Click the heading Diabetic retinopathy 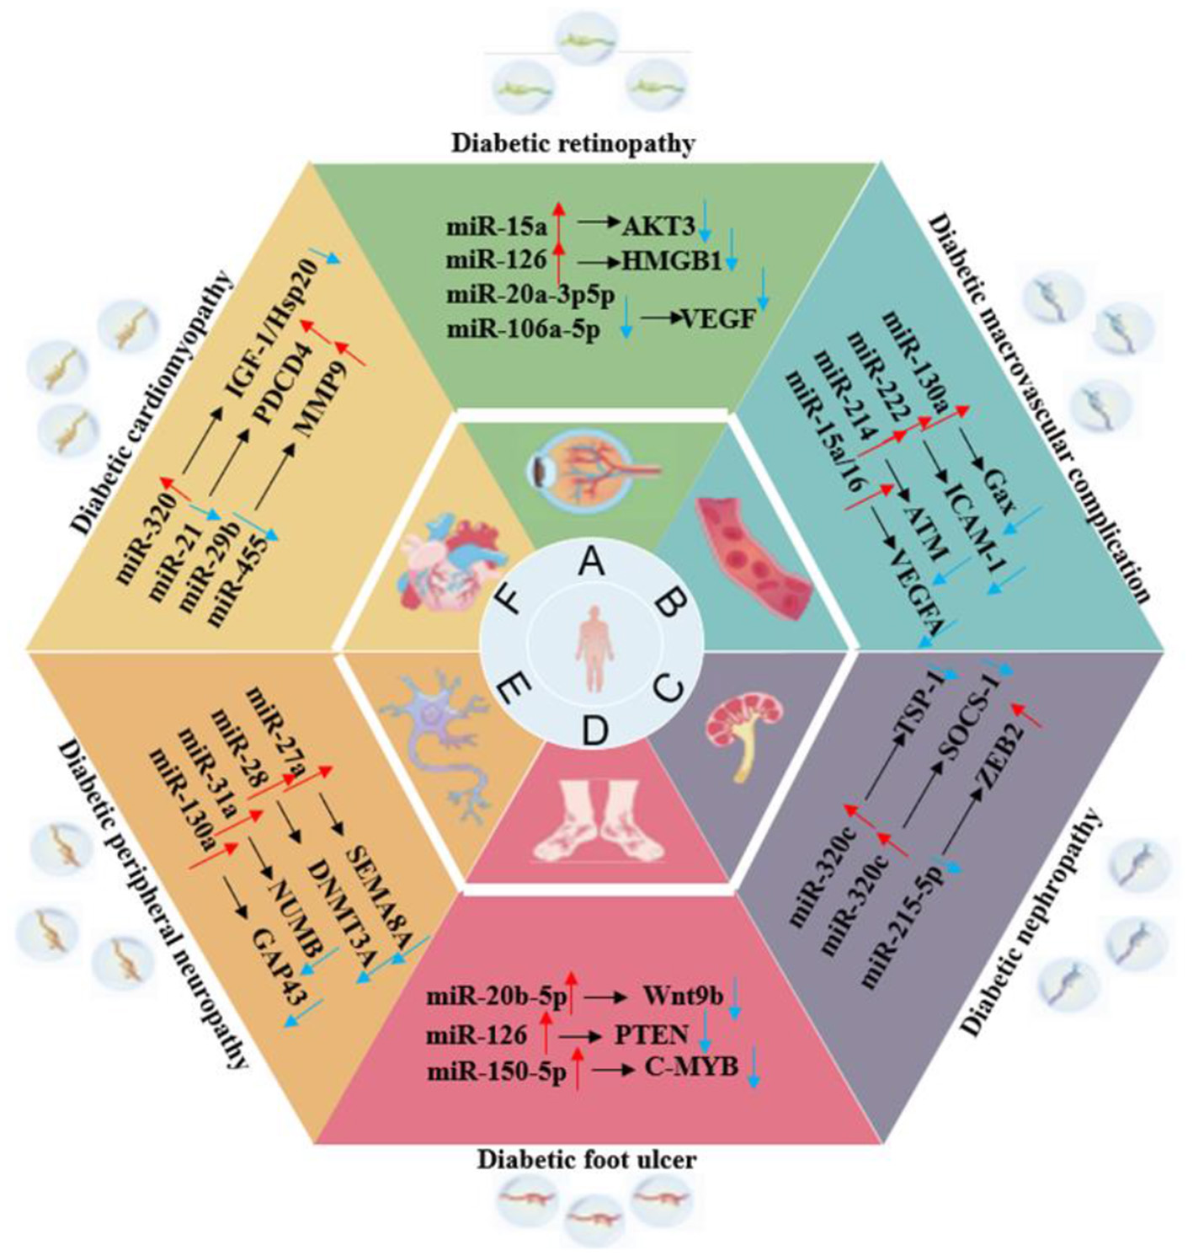573,143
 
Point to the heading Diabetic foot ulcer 587,1160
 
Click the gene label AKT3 658,225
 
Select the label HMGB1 672,261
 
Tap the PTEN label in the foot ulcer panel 651,1034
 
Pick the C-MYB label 691,1067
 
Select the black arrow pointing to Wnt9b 606,997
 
